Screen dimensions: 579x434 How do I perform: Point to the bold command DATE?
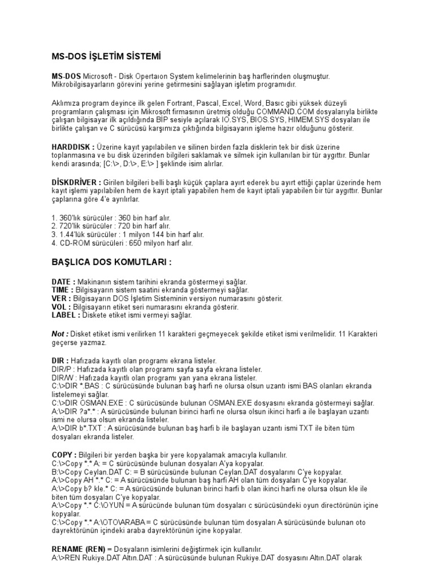(x=62, y=282)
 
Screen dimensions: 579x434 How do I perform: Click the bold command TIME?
(x=61, y=290)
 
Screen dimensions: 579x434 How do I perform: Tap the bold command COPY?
(x=63, y=455)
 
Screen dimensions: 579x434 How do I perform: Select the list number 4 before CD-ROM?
(x=54, y=243)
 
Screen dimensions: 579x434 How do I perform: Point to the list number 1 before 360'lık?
(x=54, y=218)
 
